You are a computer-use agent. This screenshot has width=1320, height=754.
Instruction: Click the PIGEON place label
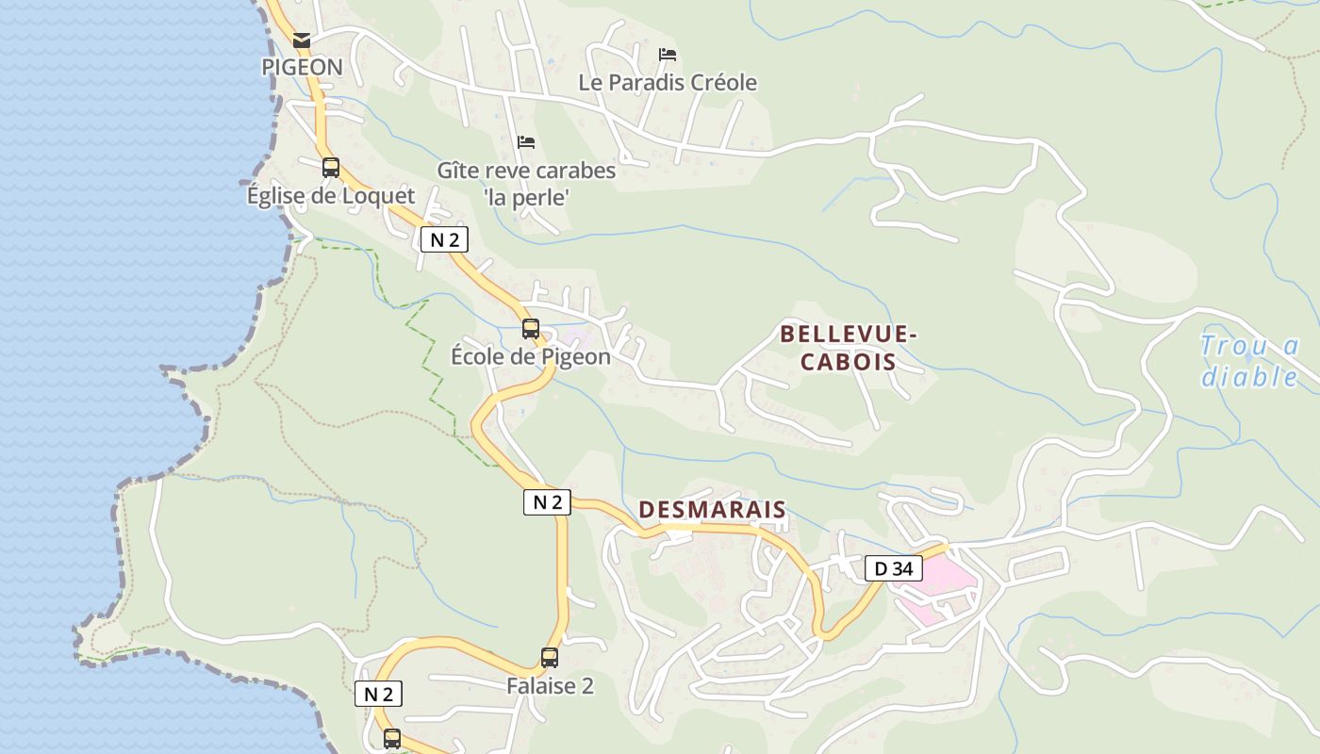[x=302, y=67]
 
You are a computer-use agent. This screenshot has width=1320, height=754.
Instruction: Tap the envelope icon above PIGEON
[x=302, y=41]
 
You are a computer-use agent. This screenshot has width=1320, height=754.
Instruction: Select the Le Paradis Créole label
[x=668, y=83]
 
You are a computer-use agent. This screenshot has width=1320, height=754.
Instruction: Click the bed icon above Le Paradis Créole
[x=668, y=55]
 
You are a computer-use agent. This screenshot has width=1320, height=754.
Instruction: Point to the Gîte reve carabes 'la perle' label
[x=526, y=184]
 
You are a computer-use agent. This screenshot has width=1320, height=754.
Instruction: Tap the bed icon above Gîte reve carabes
[x=526, y=142]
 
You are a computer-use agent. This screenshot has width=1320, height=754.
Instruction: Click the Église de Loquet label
[x=330, y=196]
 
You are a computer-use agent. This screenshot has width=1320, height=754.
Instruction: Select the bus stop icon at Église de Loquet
[x=330, y=168]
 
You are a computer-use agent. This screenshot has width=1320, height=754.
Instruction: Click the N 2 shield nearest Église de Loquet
[x=444, y=239]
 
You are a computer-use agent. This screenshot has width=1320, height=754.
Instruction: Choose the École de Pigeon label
[x=531, y=357]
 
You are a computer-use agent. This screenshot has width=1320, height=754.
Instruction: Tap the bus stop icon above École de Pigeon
[x=531, y=329]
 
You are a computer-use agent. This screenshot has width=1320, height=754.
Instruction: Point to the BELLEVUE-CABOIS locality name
[x=849, y=348]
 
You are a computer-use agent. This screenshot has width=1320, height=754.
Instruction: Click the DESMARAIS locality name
[x=712, y=510]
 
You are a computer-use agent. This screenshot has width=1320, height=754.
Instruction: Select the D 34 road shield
[x=893, y=568]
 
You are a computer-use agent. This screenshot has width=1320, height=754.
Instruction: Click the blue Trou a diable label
[x=1249, y=362]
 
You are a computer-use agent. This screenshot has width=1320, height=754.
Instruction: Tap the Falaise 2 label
[x=550, y=686]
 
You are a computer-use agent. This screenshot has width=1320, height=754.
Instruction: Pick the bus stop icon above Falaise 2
[x=550, y=658]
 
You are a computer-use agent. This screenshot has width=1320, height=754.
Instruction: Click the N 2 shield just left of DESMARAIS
[x=547, y=502]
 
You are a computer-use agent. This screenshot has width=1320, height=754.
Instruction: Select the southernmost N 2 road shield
[x=378, y=694]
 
